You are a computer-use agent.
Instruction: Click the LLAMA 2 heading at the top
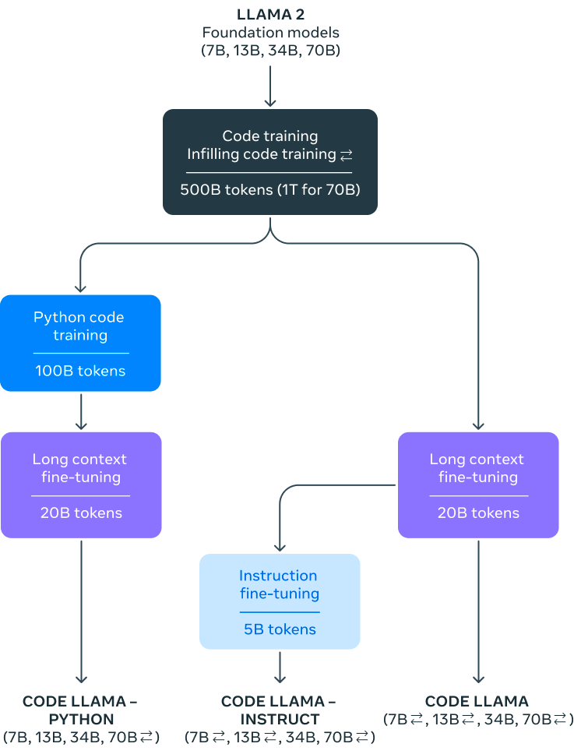pyautogui.click(x=270, y=14)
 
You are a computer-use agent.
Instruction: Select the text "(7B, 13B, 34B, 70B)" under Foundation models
pyautogui.click(x=270, y=51)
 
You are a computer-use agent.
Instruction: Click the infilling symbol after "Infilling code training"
pyautogui.click(x=347, y=155)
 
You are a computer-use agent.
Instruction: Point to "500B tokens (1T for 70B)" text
pyautogui.click(x=270, y=189)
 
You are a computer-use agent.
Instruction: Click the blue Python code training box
pyautogui.click(x=80, y=343)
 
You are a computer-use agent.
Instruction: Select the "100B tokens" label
pyautogui.click(x=80, y=371)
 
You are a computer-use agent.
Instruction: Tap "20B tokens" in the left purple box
pyautogui.click(x=81, y=513)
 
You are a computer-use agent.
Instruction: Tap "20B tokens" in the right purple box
pyautogui.click(x=478, y=513)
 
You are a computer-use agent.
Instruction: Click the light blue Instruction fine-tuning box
pyautogui.click(x=280, y=601)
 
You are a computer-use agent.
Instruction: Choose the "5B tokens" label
pyautogui.click(x=280, y=629)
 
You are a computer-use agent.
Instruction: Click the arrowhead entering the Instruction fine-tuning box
pyautogui.click(x=280, y=548)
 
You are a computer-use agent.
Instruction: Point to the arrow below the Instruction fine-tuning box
pyautogui.click(x=280, y=666)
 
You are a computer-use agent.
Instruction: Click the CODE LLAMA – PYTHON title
pyautogui.click(x=80, y=710)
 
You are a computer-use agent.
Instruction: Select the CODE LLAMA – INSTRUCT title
pyautogui.click(x=280, y=710)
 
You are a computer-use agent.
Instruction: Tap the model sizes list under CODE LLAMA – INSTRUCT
pyautogui.click(x=280, y=736)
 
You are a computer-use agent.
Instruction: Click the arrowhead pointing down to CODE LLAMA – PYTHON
pyautogui.click(x=81, y=678)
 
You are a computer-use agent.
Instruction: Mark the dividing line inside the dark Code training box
pyautogui.click(x=270, y=172)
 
